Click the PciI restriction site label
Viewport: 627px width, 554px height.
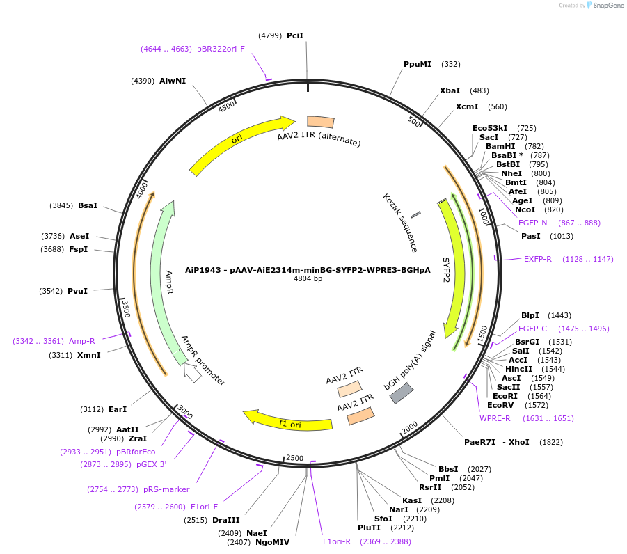click(x=295, y=35)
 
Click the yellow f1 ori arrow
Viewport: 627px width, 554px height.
click(x=287, y=421)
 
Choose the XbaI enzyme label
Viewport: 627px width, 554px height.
click(x=450, y=90)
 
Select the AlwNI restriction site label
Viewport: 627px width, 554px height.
click(x=173, y=81)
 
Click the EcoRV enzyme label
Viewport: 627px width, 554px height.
click(x=500, y=405)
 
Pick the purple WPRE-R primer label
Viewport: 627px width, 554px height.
click(x=495, y=418)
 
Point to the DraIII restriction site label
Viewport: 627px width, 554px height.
click(x=226, y=520)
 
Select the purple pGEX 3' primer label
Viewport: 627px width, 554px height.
click(x=151, y=464)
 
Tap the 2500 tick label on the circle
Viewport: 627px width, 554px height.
click(x=295, y=458)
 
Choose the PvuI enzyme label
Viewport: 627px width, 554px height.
click(x=77, y=291)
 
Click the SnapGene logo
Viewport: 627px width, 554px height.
click(x=604, y=6)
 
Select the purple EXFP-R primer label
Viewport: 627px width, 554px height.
click(x=538, y=259)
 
